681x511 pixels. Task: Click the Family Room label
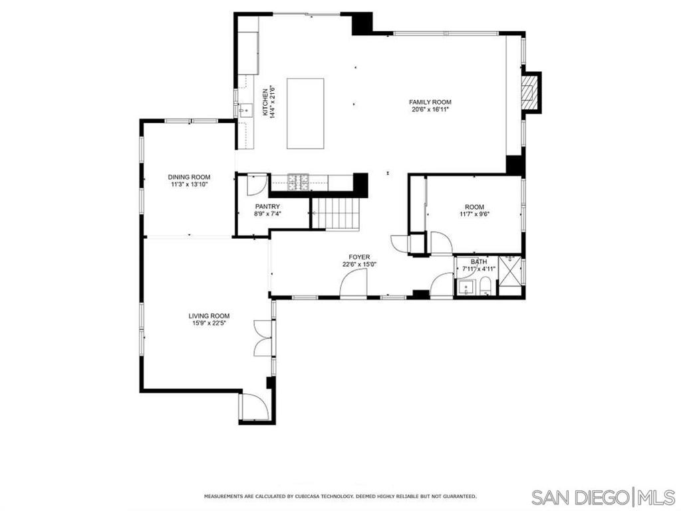tap(430, 102)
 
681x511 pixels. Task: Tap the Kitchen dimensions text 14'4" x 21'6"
tap(273, 102)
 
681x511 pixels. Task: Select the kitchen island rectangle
tap(305, 113)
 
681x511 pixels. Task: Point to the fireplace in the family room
tap(530, 92)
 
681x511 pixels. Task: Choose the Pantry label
tap(267, 206)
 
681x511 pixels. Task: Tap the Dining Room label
tap(189, 177)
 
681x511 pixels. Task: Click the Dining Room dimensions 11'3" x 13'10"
tap(189, 185)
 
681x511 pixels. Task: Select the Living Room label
tap(209, 316)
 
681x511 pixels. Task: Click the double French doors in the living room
tap(263, 338)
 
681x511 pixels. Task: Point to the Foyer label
tap(360, 257)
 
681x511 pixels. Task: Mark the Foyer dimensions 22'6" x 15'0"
tap(360, 265)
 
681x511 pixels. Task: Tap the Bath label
tap(479, 261)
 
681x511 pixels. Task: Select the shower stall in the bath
tap(511, 275)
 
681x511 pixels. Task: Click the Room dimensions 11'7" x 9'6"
tap(475, 214)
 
